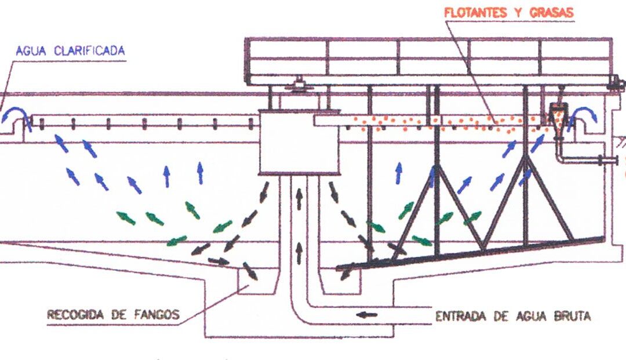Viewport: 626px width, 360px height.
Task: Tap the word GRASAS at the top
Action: [x=551, y=12]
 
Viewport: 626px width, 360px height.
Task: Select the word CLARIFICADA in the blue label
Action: [x=89, y=50]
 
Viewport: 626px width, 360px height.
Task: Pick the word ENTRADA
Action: [x=461, y=317]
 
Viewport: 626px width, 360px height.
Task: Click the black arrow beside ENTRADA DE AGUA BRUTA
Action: [x=366, y=315]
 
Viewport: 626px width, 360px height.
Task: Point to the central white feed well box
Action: [x=299, y=143]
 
